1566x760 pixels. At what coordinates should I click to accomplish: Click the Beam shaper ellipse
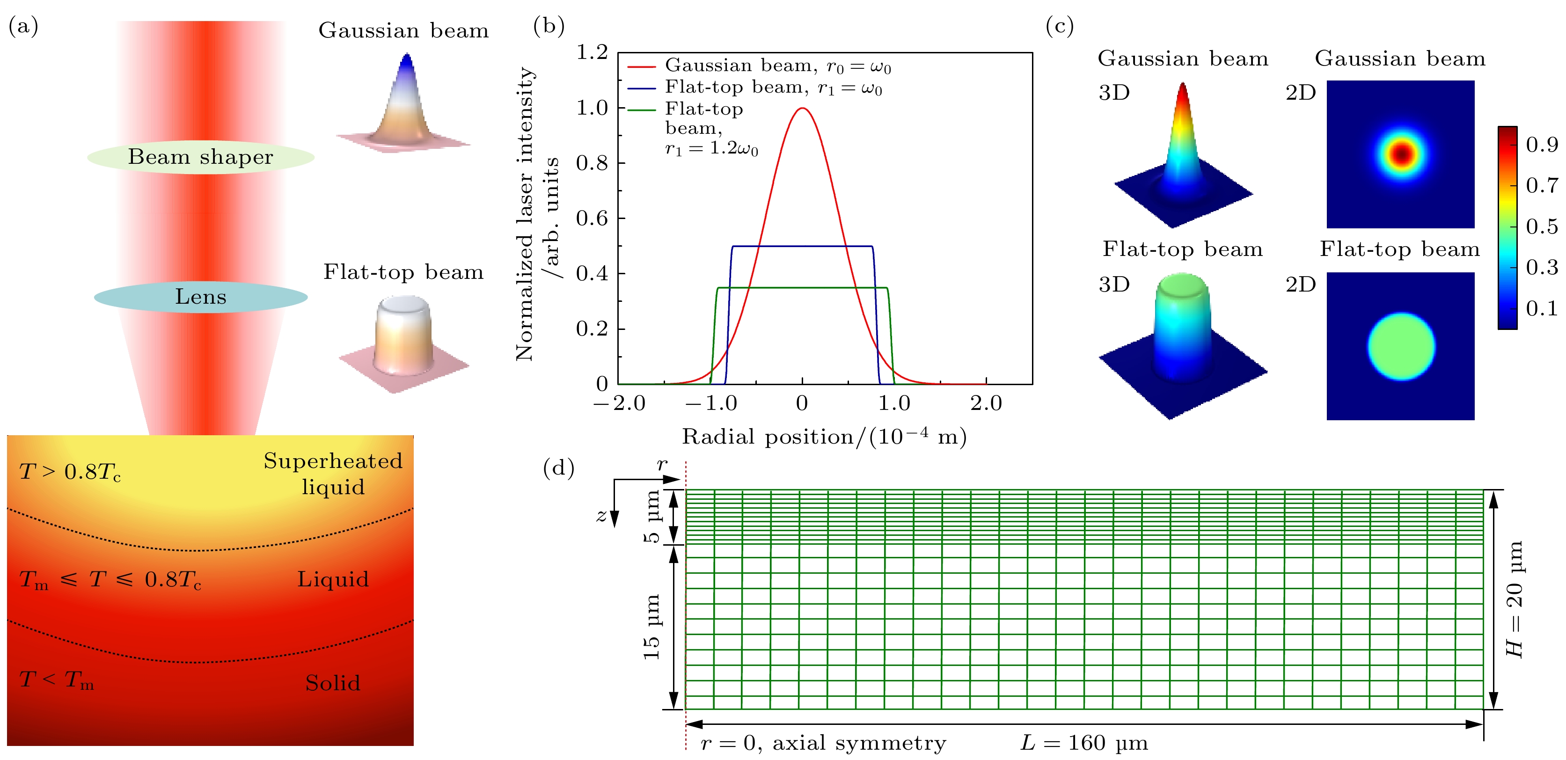tap(201, 157)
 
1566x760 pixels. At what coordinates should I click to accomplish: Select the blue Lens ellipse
tap(201, 297)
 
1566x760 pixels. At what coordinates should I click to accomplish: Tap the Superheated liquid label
tap(333, 474)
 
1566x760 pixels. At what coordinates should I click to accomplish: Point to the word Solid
tap(333, 683)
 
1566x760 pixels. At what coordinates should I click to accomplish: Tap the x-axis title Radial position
tap(824, 437)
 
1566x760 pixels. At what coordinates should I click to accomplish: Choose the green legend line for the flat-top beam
tap(641, 110)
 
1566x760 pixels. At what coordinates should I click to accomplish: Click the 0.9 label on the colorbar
tap(1542, 145)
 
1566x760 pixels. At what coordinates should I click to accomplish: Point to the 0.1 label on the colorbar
tap(1542, 309)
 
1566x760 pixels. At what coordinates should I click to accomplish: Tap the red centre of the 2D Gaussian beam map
tap(1401, 154)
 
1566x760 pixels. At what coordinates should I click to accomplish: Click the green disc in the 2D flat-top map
tap(1401, 347)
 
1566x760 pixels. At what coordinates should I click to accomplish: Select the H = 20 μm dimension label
tap(1515, 599)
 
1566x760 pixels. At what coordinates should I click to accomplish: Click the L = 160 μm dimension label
tap(1084, 743)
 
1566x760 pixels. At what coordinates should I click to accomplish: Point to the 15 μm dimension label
tap(651, 627)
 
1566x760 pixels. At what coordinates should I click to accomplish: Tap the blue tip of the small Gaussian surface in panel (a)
tap(407, 61)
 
